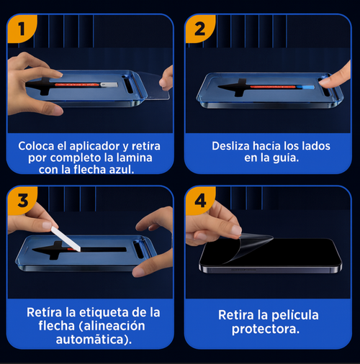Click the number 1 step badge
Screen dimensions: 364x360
pyautogui.click(x=22, y=29)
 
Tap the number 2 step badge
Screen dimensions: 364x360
pyautogui.click(x=199, y=29)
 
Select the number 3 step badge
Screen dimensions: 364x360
pyautogui.click(x=22, y=202)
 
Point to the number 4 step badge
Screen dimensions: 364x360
pyautogui.click(x=199, y=202)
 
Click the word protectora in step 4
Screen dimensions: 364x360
pyautogui.click(x=265, y=330)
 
